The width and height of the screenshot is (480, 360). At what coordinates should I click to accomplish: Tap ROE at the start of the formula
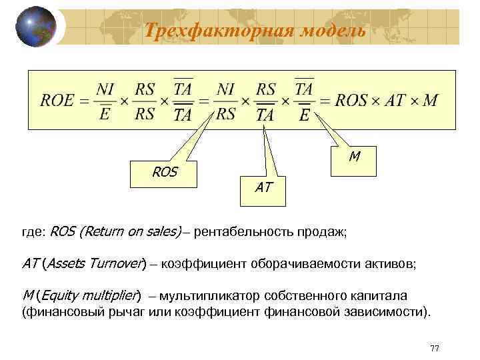tap(56, 101)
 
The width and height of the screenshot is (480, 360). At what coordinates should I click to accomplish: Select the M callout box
tap(354, 157)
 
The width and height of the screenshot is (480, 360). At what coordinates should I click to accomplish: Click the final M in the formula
tap(431, 101)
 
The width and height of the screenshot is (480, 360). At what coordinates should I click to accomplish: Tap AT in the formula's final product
tap(395, 101)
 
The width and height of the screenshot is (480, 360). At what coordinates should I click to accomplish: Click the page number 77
tap(435, 349)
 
